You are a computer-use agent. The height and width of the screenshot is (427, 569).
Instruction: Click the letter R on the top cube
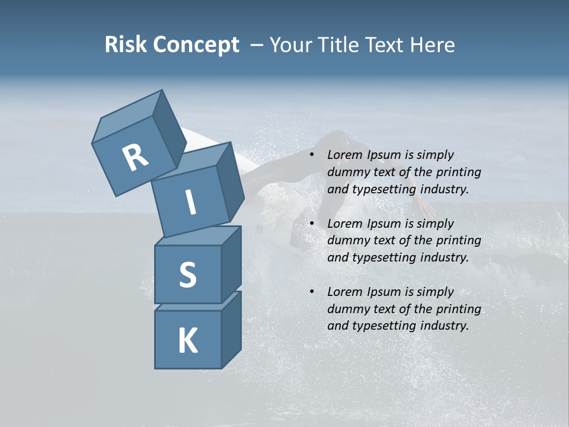tap(135, 158)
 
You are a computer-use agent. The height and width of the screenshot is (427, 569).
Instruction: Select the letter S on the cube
tap(187, 275)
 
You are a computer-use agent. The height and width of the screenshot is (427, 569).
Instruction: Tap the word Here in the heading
tap(431, 45)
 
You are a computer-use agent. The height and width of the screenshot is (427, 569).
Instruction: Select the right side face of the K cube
tap(231, 329)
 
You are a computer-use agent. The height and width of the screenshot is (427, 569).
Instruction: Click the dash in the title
tap(258, 45)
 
